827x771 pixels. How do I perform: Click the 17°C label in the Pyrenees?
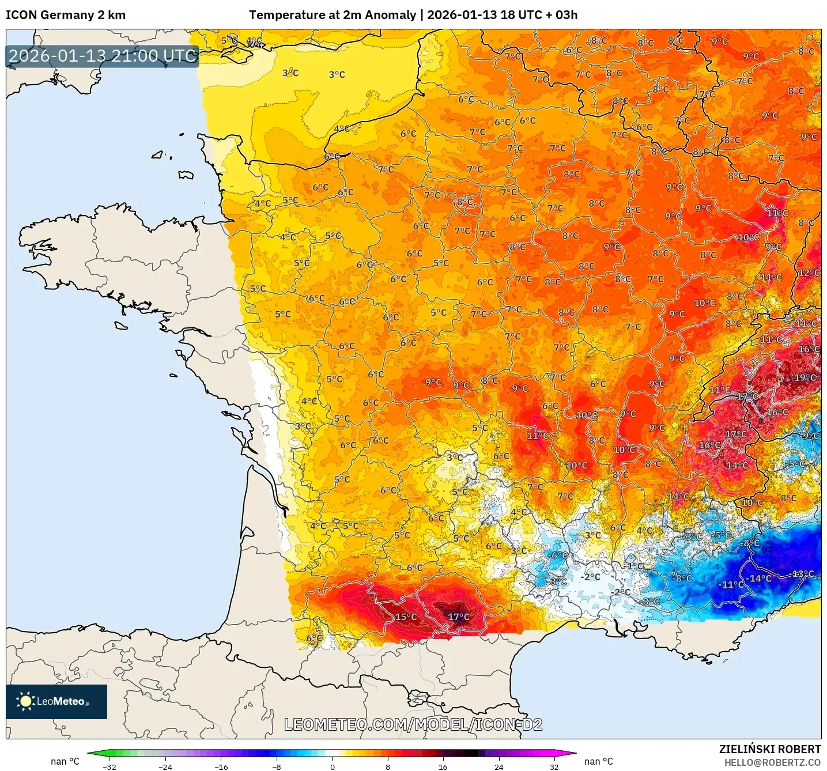pyautogui.click(x=459, y=617)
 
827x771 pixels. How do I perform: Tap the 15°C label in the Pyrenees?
pyautogui.click(x=406, y=617)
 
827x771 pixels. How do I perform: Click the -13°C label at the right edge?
pyautogui.click(x=803, y=574)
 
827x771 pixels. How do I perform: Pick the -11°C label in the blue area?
pyautogui.click(x=731, y=584)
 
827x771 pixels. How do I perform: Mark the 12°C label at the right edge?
pyautogui.click(x=809, y=273)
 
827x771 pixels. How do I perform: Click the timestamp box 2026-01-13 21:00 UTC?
pyautogui.click(x=103, y=56)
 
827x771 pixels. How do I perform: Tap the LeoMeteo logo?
pyautogui.click(x=56, y=701)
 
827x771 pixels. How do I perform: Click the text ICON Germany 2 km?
pyautogui.click(x=66, y=15)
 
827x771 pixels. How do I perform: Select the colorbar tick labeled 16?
pyautogui.click(x=443, y=766)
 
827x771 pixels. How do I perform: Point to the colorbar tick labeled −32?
pyautogui.click(x=109, y=766)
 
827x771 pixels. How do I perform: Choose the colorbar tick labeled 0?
pyautogui.click(x=332, y=766)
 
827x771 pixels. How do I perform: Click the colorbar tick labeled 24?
pyautogui.click(x=499, y=766)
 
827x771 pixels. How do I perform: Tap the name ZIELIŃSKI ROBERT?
pyautogui.click(x=769, y=749)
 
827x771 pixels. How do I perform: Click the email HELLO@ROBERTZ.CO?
pyautogui.click(x=772, y=762)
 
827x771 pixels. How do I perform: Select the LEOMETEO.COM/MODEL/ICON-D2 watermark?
pyautogui.click(x=413, y=724)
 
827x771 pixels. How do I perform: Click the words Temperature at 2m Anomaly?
pyautogui.click(x=333, y=15)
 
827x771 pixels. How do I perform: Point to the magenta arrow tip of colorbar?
pyautogui.click(x=573, y=753)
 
